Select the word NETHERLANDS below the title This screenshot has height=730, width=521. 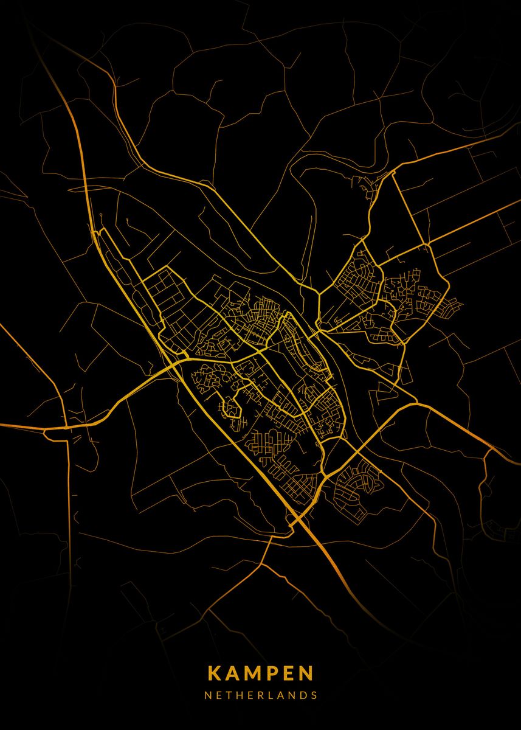261,695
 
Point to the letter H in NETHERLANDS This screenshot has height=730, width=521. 240,695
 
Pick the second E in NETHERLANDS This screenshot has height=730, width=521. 250,695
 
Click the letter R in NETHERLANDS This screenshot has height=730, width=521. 260,695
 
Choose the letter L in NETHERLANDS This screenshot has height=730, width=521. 271,695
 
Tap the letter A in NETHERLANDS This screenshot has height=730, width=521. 280,695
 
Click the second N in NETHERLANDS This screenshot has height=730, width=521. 291,695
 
